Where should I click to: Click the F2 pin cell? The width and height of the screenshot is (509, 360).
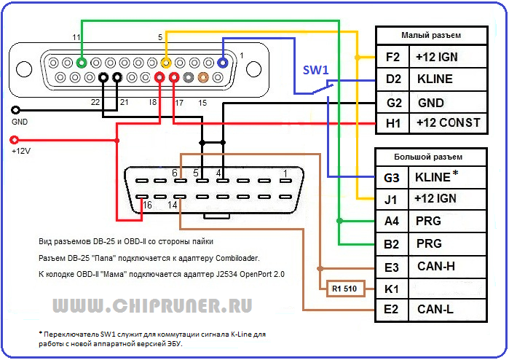(392, 56)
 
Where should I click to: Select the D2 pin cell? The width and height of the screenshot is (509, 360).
(392, 79)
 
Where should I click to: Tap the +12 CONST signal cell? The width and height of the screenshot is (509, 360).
(448, 122)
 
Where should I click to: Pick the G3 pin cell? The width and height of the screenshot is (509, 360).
(392, 176)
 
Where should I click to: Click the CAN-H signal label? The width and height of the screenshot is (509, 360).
(437, 266)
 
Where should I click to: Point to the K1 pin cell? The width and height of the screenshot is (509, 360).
(392, 288)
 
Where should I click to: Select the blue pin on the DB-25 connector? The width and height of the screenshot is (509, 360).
(223, 63)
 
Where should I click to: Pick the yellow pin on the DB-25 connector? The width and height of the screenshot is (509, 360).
(165, 63)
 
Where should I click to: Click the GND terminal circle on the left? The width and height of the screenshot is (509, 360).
(15, 111)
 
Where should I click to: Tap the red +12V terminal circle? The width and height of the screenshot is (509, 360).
(15, 139)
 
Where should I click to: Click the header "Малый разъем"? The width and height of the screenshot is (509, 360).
(431, 35)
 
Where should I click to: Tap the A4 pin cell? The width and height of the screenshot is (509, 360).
(392, 221)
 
